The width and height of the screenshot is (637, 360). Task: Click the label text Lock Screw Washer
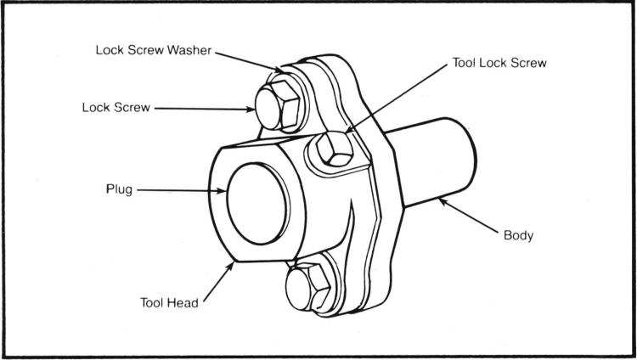point(152,50)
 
